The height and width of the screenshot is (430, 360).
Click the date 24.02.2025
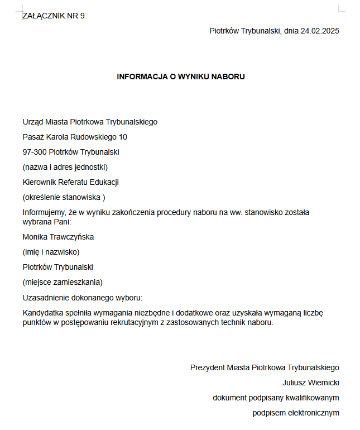pyautogui.click(x=320, y=31)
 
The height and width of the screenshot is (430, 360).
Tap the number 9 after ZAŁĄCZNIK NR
pyautogui.click(x=82, y=16)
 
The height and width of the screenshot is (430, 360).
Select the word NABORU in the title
pyautogui.click(x=228, y=77)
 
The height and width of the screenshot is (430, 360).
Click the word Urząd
pyautogui.click(x=33, y=122)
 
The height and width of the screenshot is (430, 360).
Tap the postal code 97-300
pyautogui.click(x=35, y=152)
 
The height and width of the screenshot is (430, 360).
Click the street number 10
pyautogui.click(x=123, y=137)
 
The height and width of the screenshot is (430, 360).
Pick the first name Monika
pyautogui.click(x=35, y=237)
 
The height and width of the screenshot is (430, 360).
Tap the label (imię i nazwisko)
pyautogui.click(x=51, y=252)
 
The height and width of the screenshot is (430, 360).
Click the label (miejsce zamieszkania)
pyautogui.click(x=63, y=282)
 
